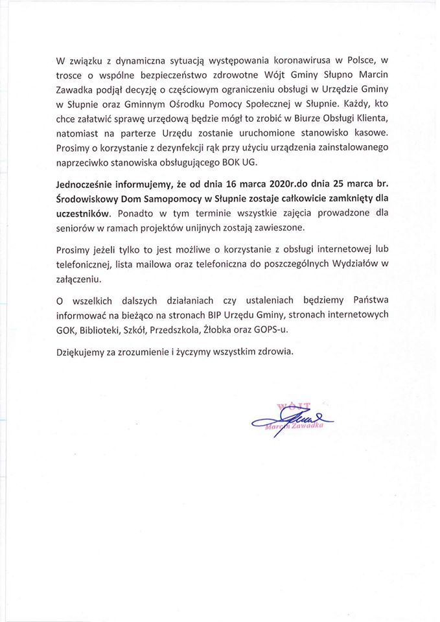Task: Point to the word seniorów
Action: [x=78, y=226]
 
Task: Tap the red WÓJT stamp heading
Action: [x=293, y=406]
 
